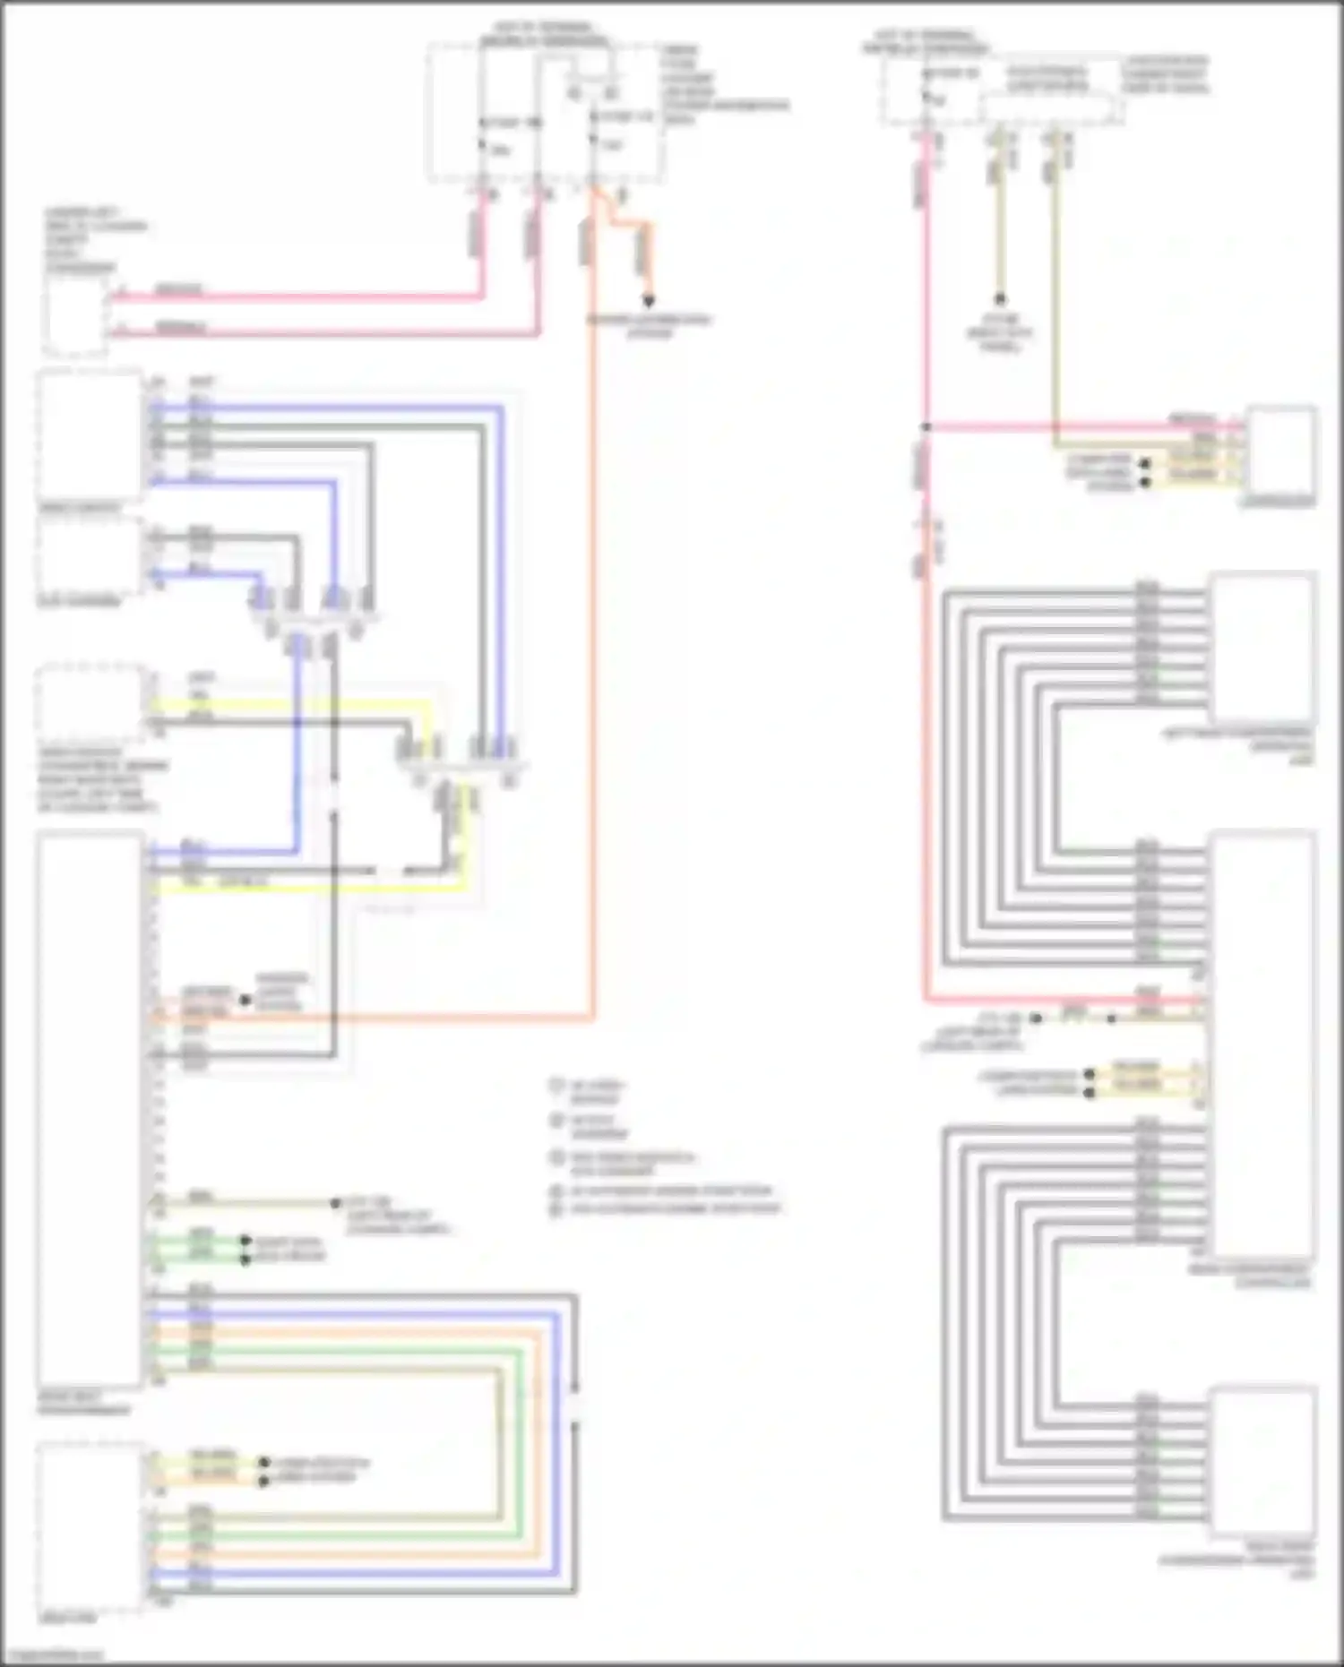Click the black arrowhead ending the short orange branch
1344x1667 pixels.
[x=648, y=301]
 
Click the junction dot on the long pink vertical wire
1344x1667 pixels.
[x=926, y=427]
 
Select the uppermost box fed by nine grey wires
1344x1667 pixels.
[x=1262, y=647]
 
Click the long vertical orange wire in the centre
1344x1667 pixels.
[x=592, y=627]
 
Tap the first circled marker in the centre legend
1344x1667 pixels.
[x=556, y=1087]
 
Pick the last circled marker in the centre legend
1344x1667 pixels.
[x=556, y=1209]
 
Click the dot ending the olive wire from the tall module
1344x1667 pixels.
[x=336, y=1203]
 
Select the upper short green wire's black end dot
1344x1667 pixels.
[x=245, y=1242]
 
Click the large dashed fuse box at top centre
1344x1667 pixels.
[x=547, y=112]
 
